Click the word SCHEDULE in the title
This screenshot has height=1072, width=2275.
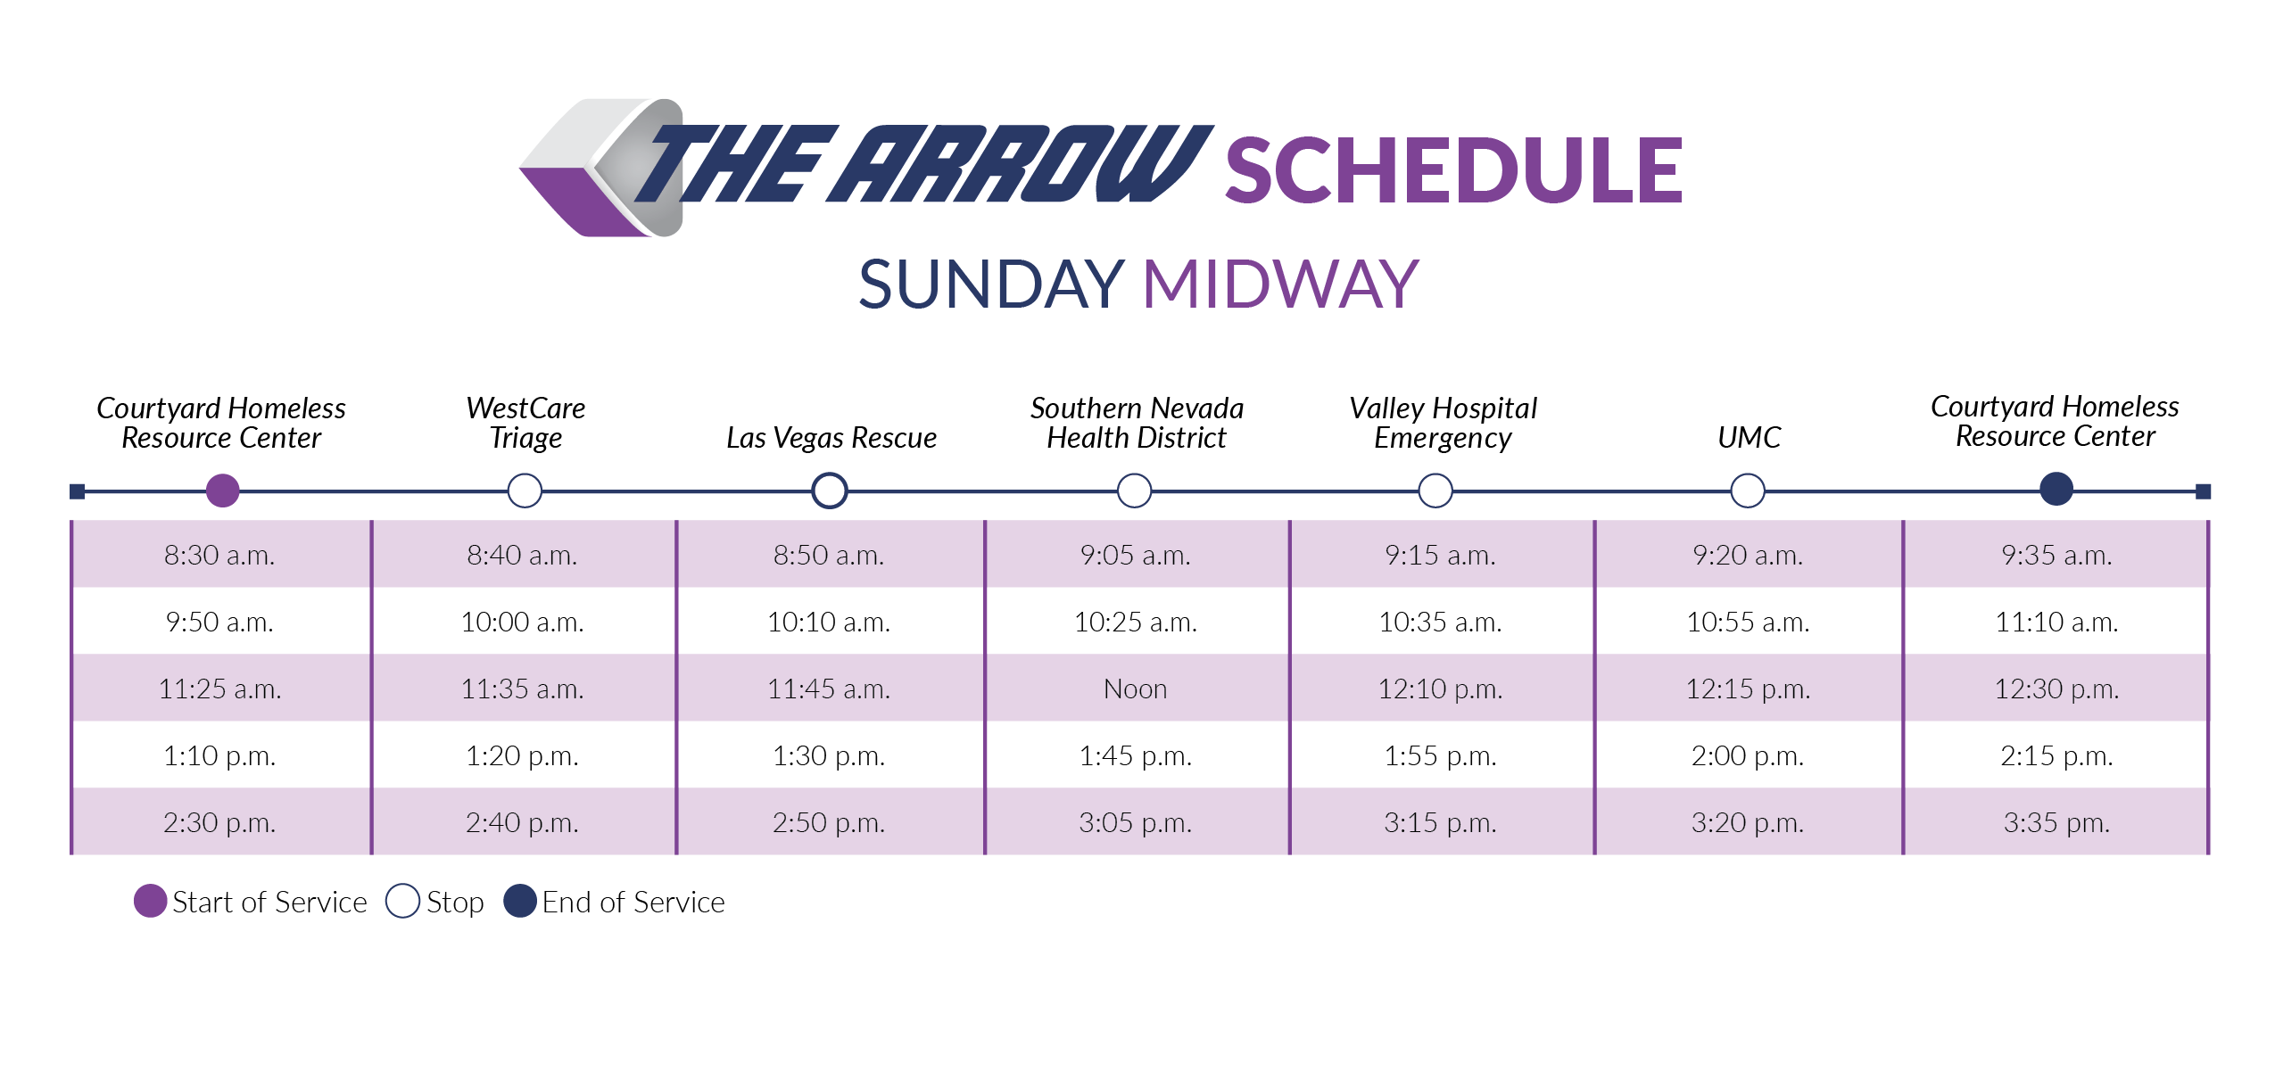[1453, 170]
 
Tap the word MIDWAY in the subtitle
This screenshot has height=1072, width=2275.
[1280, 284]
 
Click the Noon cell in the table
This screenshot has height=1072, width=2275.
[1135, 689]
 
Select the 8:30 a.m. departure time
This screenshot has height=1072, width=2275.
[219, 555]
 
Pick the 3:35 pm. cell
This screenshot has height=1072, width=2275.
[2056, 822]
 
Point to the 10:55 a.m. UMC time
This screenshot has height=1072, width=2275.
[1748, 622]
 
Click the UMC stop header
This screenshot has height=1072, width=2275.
[1749, 437]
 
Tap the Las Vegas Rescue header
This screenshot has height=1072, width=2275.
[831, 437]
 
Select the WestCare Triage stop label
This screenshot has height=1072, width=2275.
[525, 423]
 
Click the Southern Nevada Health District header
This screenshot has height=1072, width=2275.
[1137, 423]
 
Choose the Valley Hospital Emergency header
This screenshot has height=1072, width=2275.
[1443, 423]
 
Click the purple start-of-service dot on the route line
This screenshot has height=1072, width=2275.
[223, 491]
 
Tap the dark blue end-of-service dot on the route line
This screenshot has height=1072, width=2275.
[2056, 489]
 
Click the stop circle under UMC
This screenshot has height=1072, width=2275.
[1748, 491]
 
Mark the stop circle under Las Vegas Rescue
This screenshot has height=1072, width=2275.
[830, 491]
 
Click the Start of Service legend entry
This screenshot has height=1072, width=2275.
[251, 902]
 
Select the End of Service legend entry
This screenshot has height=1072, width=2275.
[615, 902]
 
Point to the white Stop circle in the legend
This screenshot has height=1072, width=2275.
[402, 901]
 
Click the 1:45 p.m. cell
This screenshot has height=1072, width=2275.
[1135, 755]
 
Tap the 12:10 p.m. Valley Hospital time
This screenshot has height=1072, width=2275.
[1440, 689]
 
